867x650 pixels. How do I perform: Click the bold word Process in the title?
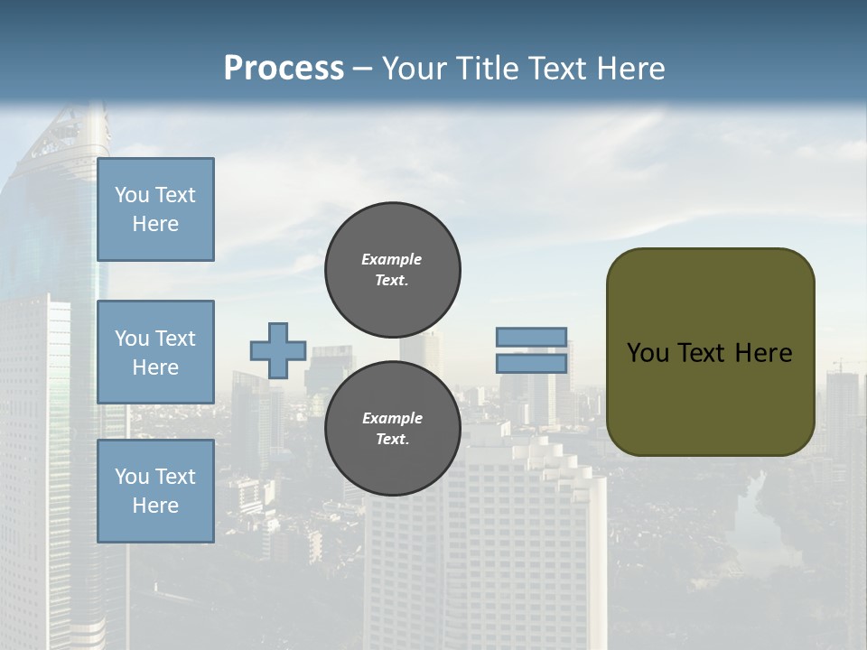284,69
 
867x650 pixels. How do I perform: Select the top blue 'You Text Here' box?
155,209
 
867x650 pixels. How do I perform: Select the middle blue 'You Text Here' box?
155,352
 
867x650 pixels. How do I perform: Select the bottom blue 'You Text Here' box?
155,490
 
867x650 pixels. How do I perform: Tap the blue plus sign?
278,350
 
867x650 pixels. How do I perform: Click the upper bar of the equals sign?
532,338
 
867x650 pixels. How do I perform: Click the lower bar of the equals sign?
532,364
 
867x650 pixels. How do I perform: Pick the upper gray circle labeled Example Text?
392,269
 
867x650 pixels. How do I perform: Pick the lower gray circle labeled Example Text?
392,428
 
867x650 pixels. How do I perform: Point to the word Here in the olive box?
764,353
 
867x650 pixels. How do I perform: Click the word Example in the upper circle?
392,259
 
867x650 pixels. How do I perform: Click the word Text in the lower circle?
392,440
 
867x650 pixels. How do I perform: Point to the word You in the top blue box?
131,195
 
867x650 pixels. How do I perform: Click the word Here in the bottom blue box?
155,506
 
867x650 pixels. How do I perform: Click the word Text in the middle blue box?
175,339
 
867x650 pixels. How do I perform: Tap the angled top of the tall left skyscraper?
68,135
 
